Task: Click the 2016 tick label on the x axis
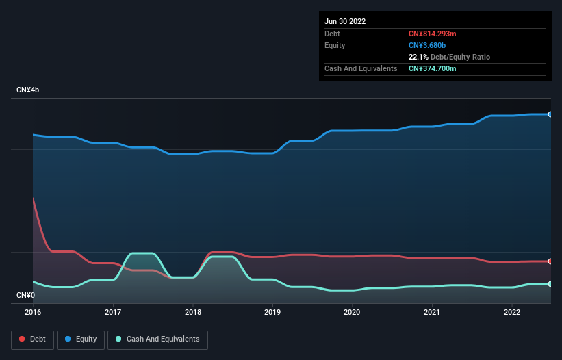pos(33,312)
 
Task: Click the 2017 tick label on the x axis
pos(113,312)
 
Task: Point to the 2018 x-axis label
pos(192,312)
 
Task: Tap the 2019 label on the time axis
pos(272,312)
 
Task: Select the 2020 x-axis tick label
pos(352,312)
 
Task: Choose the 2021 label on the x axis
pos(432,312)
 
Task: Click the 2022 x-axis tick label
pos(511,312)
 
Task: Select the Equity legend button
pos(81,339)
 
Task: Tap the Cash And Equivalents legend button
pos(157,339)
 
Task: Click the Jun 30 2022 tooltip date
pos(345,21)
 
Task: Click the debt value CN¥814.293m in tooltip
pos(432,34)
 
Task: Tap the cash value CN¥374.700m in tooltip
pos(432,68)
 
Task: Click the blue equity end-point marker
pos(550,114)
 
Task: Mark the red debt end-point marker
pos(550,261)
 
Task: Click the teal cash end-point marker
pos(550,284)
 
